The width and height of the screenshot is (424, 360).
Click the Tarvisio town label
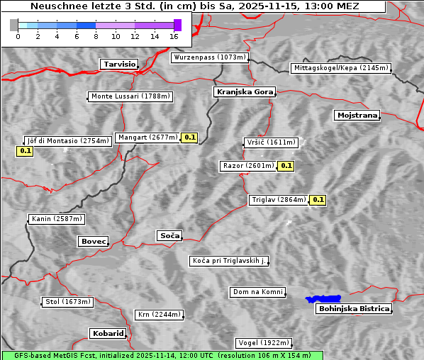[x=118, y=64]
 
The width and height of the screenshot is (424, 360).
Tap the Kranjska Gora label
[x=242, y=92]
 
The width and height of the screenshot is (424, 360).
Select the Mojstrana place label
[x=357, y=115]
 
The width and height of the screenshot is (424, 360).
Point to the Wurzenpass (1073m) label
[x=210, y=57]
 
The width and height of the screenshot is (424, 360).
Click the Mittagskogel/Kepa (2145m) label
[x=340, y=68]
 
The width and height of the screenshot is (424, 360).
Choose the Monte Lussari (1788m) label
[x=131, y=96]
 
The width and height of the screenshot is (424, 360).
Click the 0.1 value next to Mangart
[x=189, y=137]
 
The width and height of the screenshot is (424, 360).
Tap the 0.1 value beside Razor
[x=286, y=166]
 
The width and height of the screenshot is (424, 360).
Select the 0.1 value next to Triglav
[x=318, y=200]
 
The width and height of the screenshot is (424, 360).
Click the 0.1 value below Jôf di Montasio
[x=25, y=151]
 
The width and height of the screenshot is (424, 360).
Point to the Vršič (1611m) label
[x=270, y=142]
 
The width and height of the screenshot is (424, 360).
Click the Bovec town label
[x=93, y=242]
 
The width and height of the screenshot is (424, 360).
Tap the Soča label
[x=169, y=235]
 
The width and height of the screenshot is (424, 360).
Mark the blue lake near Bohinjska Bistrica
[x=323, y=299]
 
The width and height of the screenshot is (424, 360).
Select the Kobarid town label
[x=108, y=333]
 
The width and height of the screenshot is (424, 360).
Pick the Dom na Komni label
[x=258, y=292]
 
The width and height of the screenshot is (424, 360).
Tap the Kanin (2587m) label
[x=57, y=219]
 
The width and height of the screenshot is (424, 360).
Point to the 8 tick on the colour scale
[x=96, y=36]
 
